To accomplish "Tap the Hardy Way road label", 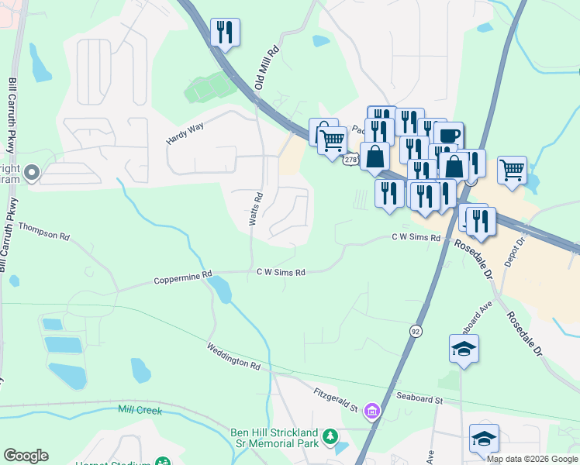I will pos(185,133).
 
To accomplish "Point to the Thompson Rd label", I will pos(43,229).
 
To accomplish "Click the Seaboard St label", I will pos(419,400).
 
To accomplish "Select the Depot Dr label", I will pos(515,252).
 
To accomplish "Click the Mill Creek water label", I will pos(140,409).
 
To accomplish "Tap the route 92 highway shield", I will pos(416,331).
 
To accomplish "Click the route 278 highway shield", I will pos(351,159).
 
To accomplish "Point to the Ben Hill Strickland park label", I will pos(274,438).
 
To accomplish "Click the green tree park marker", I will pos(331,437).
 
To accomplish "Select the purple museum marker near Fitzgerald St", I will pos(373,409).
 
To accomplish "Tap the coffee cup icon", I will pos(448,134).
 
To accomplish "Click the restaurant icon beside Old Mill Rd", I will pos(225,32).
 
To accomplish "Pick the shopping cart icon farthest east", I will pos(512,169).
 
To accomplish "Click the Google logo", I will pos(26,456).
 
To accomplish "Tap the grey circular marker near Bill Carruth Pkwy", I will pos(32,173).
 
